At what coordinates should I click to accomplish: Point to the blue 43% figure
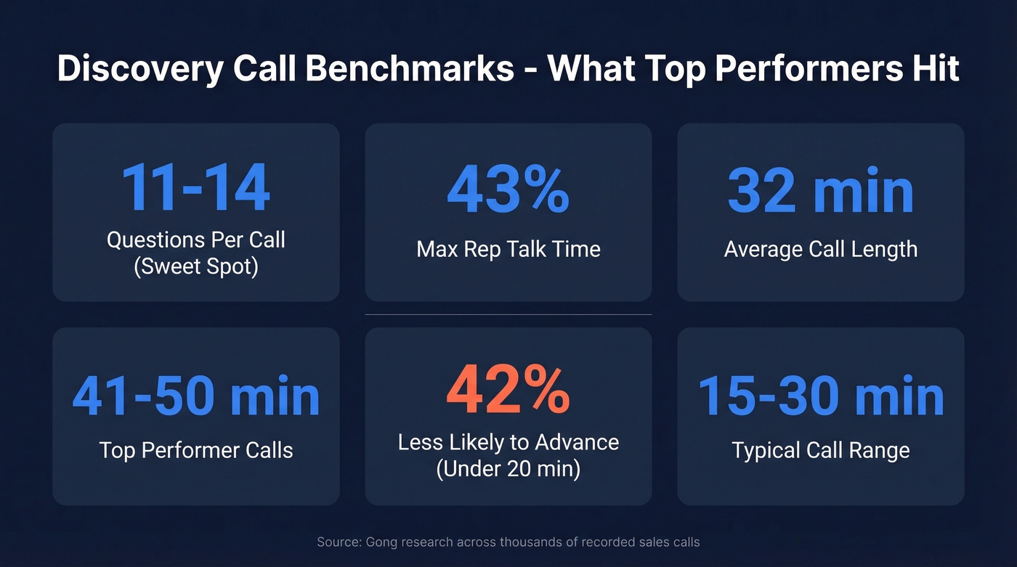508,190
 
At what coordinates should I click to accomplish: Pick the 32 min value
820,190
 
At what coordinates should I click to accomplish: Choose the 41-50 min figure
196,396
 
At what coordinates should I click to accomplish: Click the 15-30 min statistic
821,396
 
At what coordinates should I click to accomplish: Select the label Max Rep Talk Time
508,250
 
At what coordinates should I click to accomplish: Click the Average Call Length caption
820,250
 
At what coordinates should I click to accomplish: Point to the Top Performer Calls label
196,450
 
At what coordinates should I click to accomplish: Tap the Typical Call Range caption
820,450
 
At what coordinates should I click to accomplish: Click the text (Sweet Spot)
196,266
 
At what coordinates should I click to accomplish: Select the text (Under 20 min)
508,468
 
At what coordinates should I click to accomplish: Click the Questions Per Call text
196,240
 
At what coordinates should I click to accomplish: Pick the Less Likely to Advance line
508,441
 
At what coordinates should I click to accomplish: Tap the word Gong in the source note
382,542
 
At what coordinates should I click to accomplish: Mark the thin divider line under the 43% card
508,314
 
